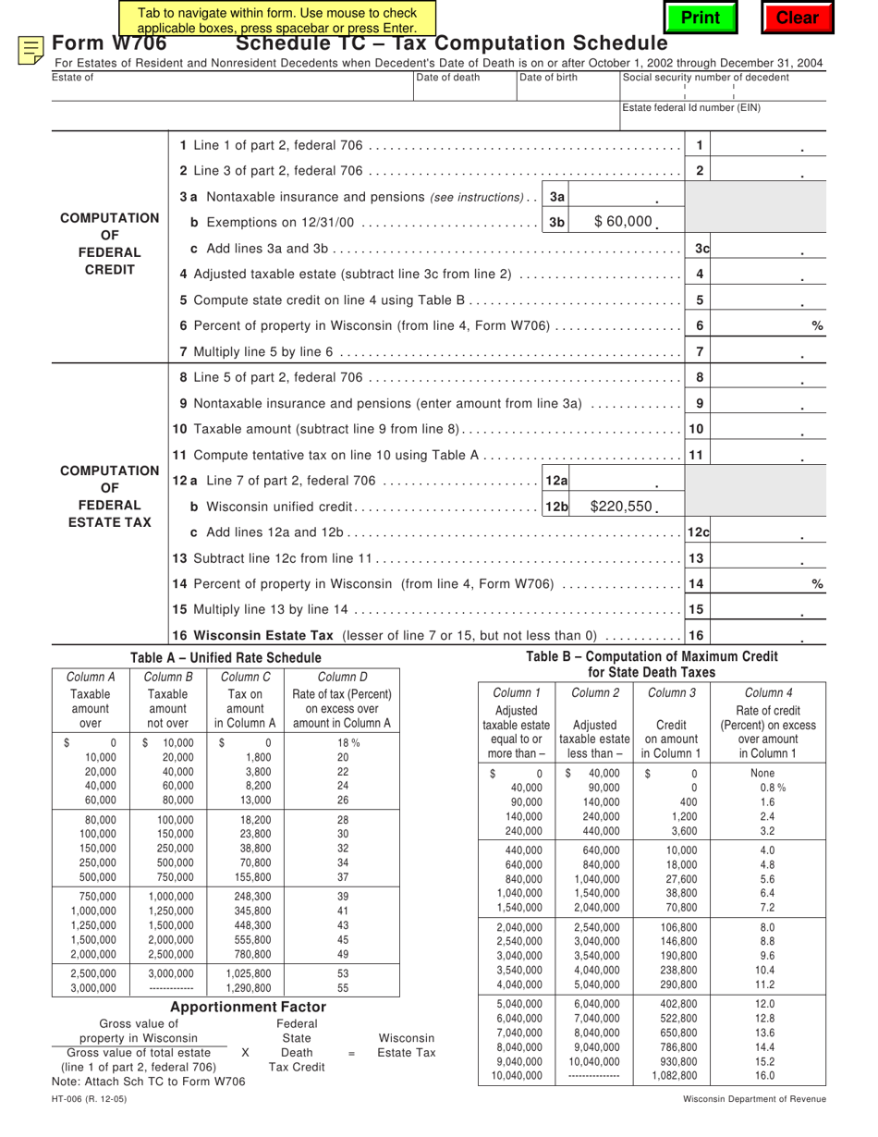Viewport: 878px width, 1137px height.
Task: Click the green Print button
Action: [x=700, y=18]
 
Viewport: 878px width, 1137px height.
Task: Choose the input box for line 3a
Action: [x=614, y=197]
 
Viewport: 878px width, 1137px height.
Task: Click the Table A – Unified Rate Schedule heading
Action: [x=226, y=657]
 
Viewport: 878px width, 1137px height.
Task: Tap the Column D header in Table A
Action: [x=342, y=677]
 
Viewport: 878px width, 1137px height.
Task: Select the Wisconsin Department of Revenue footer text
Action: [x=755, y=1099]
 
